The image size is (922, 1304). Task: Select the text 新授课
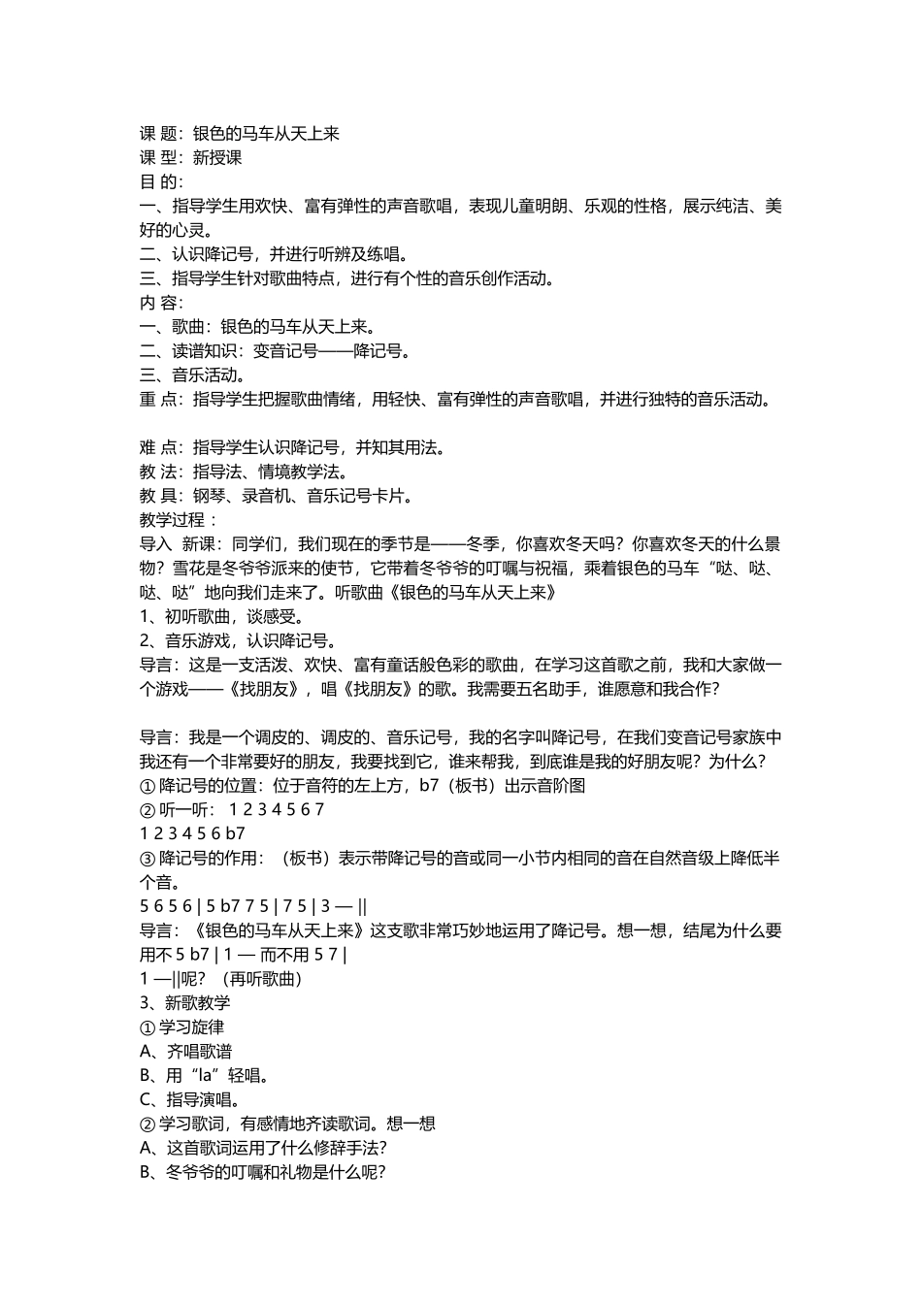tap(217, 158)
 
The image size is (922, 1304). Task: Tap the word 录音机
tap(265, 497)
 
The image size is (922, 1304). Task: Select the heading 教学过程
tap(173, 521)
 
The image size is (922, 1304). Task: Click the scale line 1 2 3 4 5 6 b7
tap(192, 833)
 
